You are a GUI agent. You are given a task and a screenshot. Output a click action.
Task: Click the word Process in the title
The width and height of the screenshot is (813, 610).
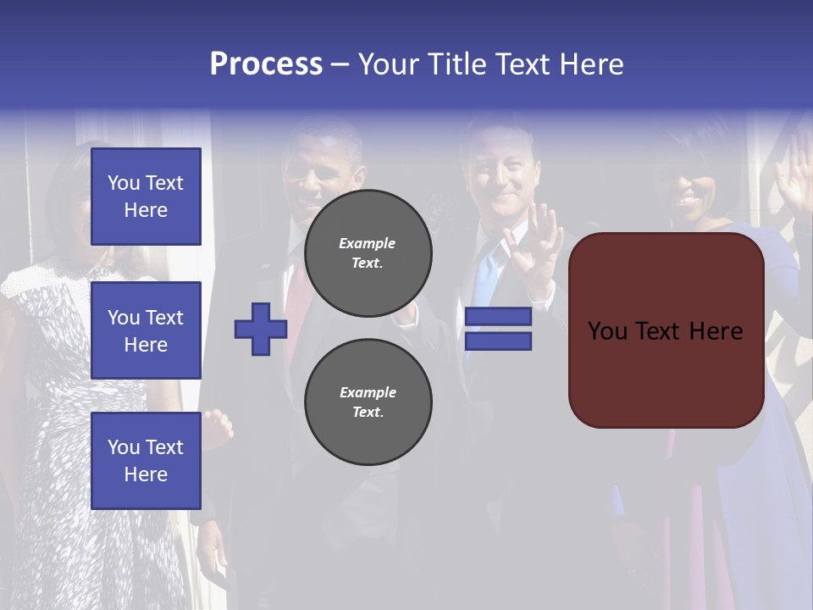tap(266, 64)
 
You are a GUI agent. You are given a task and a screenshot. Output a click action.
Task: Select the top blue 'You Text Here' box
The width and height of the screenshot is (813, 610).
tap(146, 197)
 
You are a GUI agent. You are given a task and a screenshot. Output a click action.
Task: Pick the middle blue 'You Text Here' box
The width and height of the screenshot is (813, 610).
tap(146, 330)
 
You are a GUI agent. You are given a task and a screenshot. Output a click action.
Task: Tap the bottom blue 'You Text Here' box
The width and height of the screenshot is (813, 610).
tap(146, 461)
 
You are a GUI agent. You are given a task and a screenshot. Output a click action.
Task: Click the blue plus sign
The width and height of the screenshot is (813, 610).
tap(261, 329)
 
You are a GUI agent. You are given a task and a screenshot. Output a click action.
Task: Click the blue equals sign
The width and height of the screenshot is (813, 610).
tap(498, 329)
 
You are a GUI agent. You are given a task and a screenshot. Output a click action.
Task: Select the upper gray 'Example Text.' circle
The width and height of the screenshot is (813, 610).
tap(368, 253)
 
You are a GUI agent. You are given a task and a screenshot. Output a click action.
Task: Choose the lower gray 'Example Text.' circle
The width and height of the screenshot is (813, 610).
tap(368, 402)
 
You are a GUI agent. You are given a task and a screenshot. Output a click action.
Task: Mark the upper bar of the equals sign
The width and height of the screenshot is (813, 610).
tap(498, 317)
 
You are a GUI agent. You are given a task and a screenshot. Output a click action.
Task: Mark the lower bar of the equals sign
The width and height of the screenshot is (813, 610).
tap(498, 341)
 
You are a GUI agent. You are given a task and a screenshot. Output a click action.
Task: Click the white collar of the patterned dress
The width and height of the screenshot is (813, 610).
tap(34, 280)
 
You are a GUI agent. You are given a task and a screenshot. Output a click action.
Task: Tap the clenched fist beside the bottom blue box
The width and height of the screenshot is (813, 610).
tap(218, 429)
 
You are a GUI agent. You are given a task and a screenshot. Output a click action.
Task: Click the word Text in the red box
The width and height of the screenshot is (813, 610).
tap(665, 331)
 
